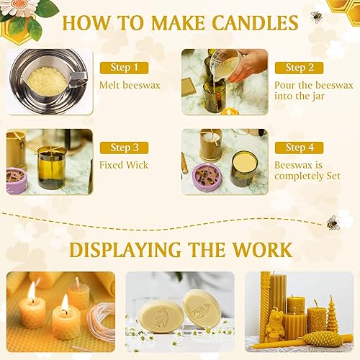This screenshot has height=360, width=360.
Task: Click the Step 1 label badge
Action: click(124, 68)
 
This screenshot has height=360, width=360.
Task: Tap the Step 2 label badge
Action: click(299, 68)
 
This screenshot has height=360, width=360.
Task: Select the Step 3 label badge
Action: click(124, 148)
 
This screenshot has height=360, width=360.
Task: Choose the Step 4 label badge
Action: click(299, 148)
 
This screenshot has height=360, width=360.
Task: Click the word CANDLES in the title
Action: click(255, 23)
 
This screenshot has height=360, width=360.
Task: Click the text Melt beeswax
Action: click(130, 85)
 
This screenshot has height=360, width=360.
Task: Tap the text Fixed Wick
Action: click(124, 165)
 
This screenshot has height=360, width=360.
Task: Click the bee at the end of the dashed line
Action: click(333, 223)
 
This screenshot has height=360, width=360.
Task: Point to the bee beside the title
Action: click(317, 17)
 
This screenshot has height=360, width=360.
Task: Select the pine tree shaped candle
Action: click(332, 314)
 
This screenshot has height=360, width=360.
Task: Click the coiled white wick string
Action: click(102, 322)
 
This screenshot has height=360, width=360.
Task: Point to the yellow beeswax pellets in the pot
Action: click(48, 81)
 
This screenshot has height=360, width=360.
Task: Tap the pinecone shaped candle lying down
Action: click(323, 339)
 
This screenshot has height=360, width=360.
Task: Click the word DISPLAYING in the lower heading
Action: click(125, 250)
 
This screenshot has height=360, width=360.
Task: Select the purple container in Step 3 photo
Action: click(17, 179)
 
